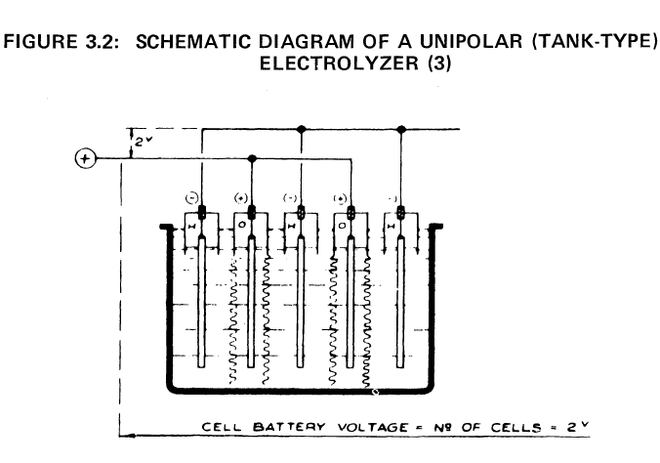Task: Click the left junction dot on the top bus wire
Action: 301,128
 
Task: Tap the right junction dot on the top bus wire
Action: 401,128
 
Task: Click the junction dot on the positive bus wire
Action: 252,158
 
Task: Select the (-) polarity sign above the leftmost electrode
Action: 191,198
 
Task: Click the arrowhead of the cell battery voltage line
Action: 122,437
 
